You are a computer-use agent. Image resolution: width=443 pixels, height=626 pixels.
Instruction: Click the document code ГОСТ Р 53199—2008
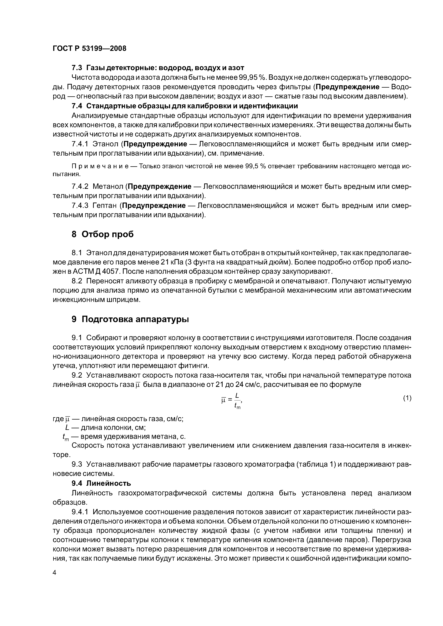point(89,49)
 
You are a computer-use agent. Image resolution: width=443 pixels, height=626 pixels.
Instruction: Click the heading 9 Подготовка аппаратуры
point(130,319)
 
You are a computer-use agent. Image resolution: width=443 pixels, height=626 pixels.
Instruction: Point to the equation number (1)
point(407,398)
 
